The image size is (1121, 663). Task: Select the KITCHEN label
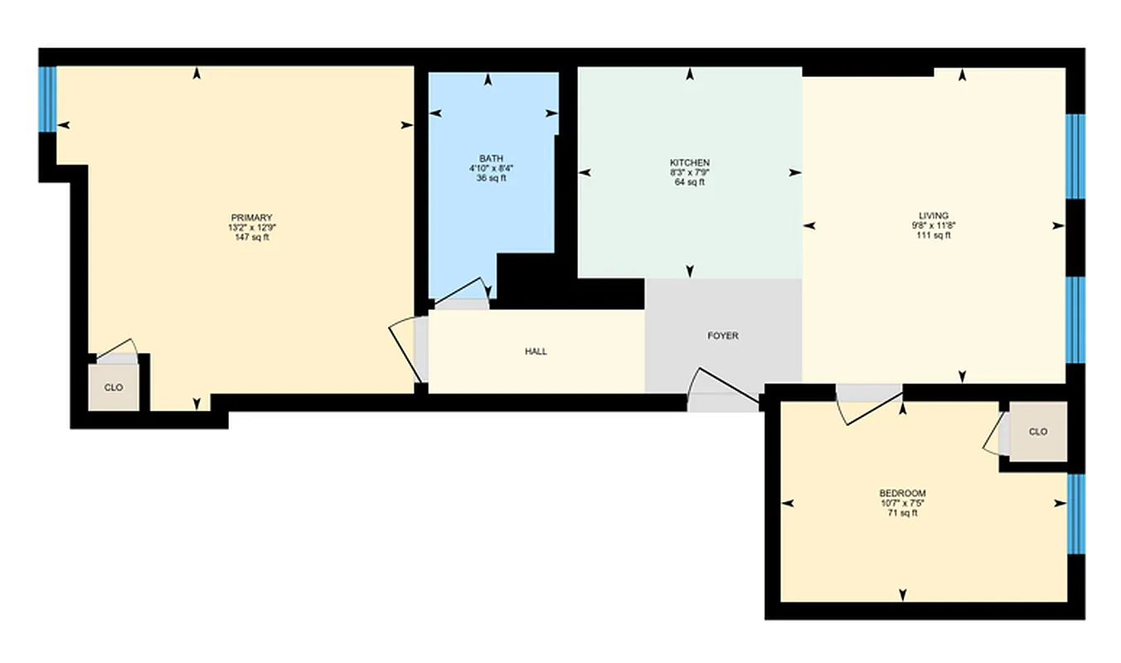(689, 162)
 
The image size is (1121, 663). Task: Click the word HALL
(536, 351)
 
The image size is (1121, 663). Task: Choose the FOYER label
(722, 336)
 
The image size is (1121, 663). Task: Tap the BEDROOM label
(902, 493)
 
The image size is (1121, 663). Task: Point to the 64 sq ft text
(689, 182)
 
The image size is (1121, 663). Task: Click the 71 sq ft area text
(902, 513)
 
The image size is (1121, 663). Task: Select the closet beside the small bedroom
(1037, 432)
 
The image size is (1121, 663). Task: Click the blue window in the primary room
(48, 99)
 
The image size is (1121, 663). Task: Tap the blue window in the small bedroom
(1076, 514)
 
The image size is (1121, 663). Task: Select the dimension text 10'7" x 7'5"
(902, 503)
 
